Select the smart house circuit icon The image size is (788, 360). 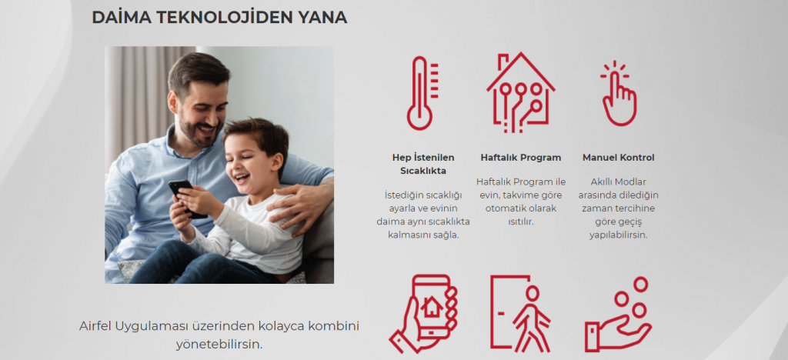(520, 92)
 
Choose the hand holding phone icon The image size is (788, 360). (423, 314)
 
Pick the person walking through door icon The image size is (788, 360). (520, 314)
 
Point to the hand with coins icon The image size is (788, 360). (618, 315)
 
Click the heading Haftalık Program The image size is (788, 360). (521, 158)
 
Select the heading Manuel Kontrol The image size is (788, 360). (618, 158)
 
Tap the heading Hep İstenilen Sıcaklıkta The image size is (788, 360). (423, 164)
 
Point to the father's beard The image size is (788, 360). (198, 132)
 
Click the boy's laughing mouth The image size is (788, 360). (242, 178)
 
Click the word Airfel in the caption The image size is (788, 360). (95, 326)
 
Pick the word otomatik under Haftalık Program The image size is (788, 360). (505, 208)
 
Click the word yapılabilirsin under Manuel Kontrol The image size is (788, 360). (618, 235)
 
